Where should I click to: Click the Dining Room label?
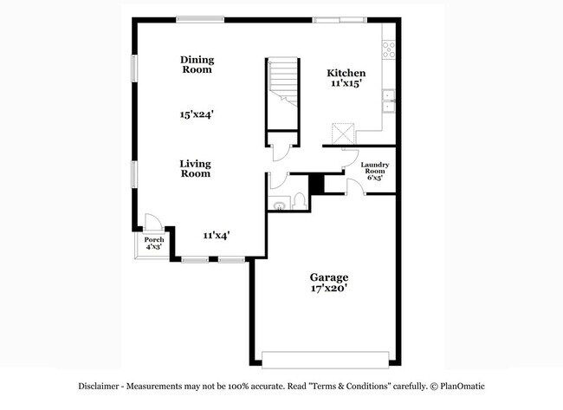tap(197, 65)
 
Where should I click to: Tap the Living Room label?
tap(196, 168)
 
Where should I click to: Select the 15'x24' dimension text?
tap(197, 114)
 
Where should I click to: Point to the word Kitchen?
tap(346, 74)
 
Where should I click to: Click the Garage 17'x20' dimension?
tap(329, 290)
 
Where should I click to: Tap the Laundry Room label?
tap(374, 168)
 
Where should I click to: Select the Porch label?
tap(154, 240)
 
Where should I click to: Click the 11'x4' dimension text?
tap(216, 235)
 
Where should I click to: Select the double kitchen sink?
tap(390, 102)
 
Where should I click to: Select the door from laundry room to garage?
tap(355, 186)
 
